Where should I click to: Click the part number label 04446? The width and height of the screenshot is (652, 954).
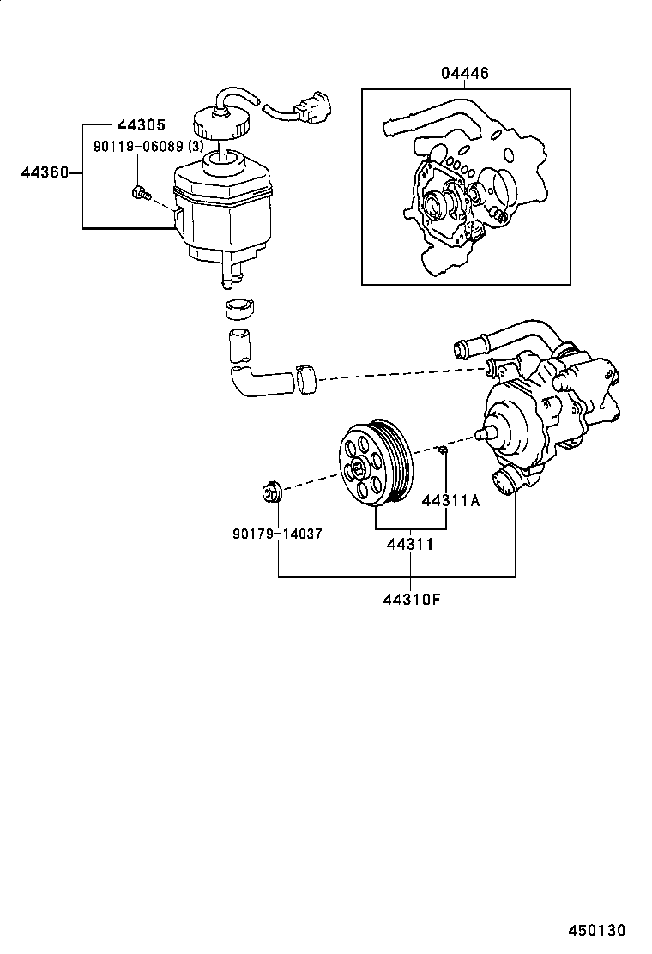[x=466, y=74]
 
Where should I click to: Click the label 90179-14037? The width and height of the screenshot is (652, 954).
[x=277, y=533]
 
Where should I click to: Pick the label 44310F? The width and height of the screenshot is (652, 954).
[x=412, y=599]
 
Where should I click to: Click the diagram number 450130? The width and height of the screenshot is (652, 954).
[x=595, y=930]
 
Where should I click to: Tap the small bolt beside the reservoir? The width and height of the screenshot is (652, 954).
[x=139, y=193]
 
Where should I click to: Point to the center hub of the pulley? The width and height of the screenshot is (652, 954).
[x=356, y=468]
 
